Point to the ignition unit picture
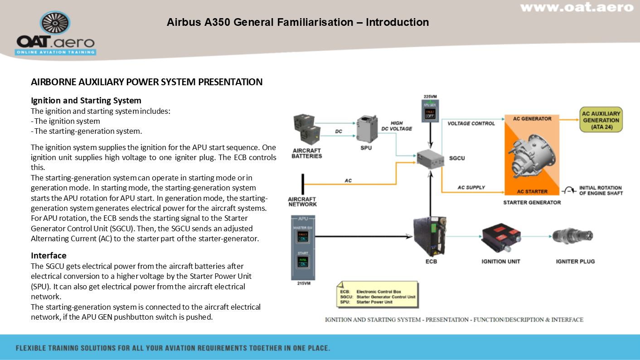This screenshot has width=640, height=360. (500, 237)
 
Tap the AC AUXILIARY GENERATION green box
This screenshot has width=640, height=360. (601, 120)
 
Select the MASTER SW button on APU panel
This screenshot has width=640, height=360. (303, 236)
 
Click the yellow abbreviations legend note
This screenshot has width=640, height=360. (376, 293)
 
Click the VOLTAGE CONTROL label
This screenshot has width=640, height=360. (471, 123)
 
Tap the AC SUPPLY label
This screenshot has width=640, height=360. (471, 187)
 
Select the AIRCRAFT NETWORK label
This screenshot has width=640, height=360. (302, 202)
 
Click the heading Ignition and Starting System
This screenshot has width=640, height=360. (86, 101)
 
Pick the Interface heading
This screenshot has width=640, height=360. (48, 256)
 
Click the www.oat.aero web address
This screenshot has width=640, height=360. (576, 8)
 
